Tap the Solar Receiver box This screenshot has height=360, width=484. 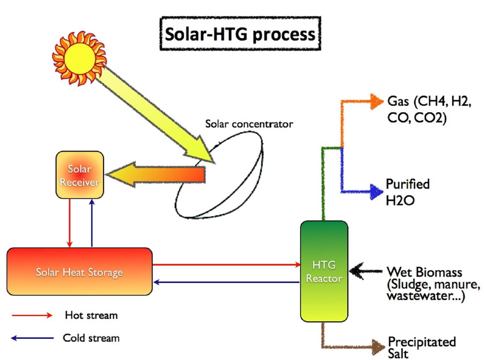[80, 176]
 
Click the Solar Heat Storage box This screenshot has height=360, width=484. [79, 272]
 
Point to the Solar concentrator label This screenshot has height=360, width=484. [248, 124]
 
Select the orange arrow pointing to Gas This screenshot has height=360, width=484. [358, 102]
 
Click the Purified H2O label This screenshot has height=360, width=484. [407, 192]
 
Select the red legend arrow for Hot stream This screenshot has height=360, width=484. [32, 315]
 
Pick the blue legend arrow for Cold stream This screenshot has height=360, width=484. [32, 338]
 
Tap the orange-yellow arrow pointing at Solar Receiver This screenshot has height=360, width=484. [156, 175]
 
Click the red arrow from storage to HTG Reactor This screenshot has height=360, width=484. [226, 265]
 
